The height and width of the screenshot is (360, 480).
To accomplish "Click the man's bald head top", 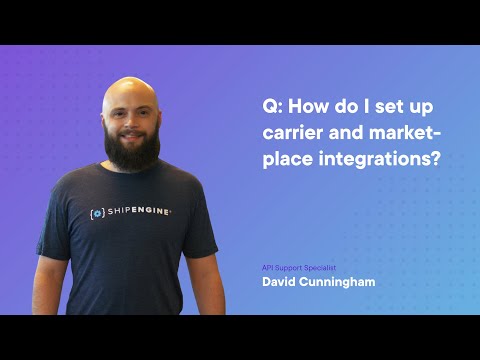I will coord(131,88).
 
